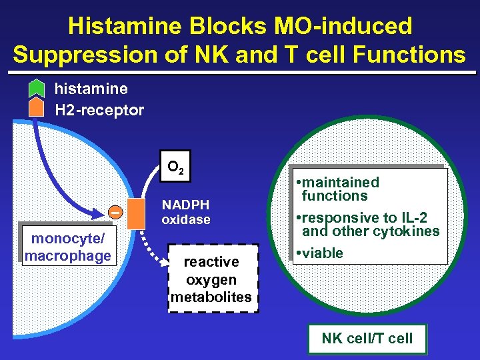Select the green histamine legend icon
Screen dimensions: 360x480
(x=37, y=88)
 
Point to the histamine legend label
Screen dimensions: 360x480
(x=91, y=88)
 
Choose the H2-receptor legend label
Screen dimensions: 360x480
(x=99, y=110)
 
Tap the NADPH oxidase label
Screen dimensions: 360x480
(x=186, y=212)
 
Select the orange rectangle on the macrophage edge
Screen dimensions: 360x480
(x=137, y=213)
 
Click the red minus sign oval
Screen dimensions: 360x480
(x=115, y=212)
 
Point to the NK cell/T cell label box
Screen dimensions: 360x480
(x=367, y=338)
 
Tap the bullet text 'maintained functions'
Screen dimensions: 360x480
(x=337, y=189)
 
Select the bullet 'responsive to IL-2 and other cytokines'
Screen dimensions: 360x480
(x=367, y=225)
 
